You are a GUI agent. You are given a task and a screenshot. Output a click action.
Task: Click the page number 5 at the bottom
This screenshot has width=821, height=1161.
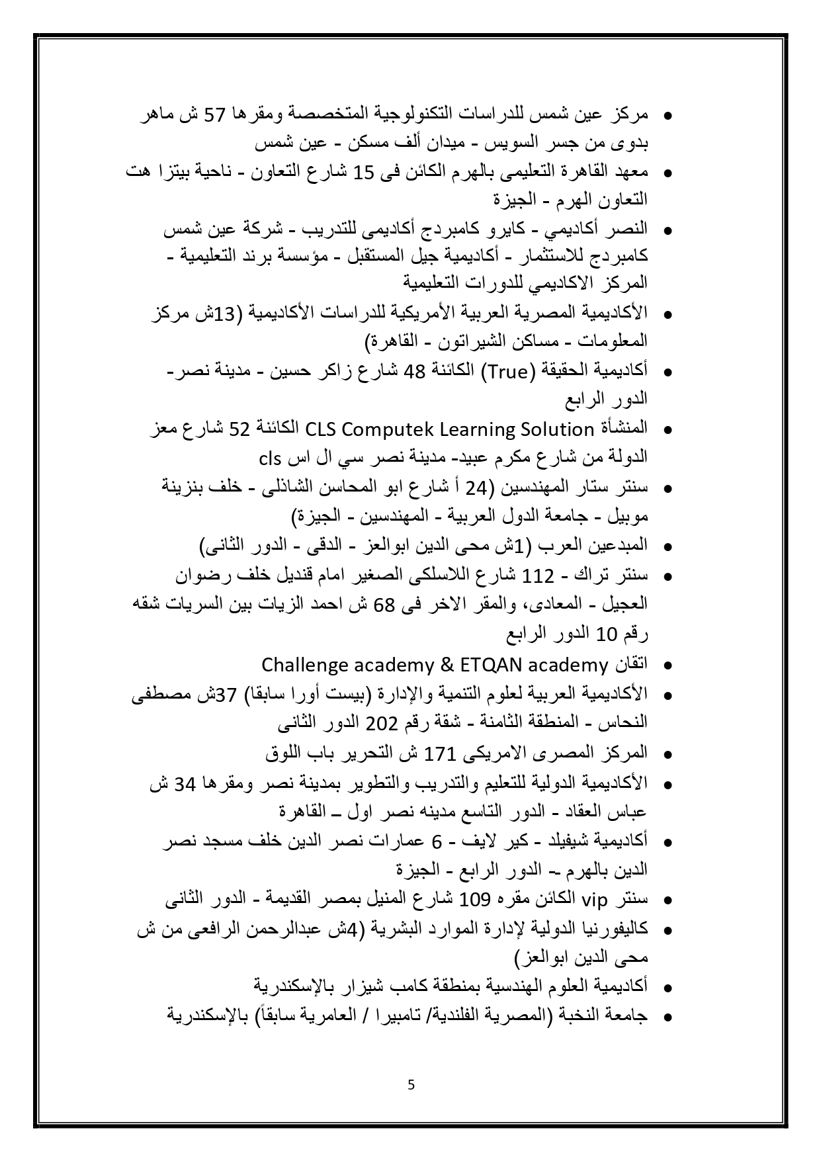click(x=411, y=1085)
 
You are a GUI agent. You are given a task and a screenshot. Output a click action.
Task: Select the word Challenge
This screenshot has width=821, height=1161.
click(x=303, y=664)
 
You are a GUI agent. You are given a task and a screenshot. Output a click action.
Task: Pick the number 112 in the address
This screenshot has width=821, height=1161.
click(x=537, y=576)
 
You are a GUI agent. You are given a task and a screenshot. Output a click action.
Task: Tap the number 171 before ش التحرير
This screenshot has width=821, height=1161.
click(x=437, y=753)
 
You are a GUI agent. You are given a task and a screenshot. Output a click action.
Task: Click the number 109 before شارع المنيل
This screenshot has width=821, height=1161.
click(x=474, y=900)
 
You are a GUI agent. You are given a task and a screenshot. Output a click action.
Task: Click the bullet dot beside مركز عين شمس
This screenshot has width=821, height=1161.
click(x=668, y=116)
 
